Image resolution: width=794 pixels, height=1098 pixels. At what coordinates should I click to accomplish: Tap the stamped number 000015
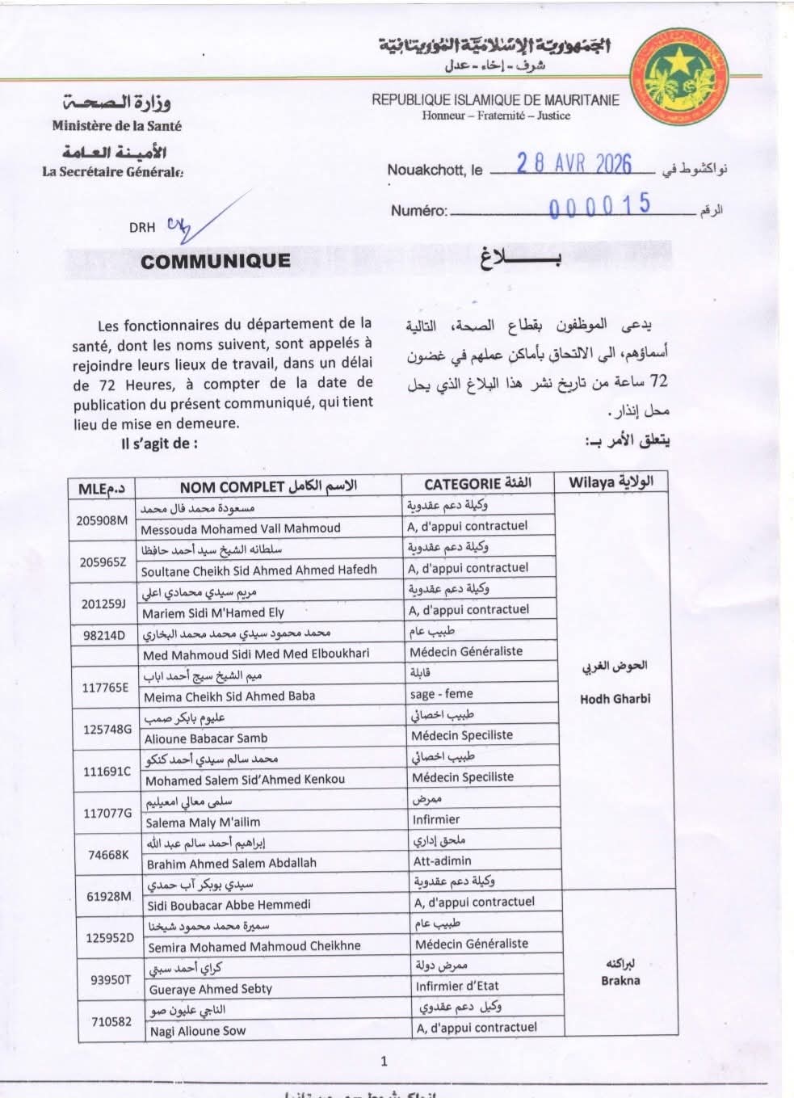pos(599,205)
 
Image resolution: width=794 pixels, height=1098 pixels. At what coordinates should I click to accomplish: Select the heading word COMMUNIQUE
pos(215,261)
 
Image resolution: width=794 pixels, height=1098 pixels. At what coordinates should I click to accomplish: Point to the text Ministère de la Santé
pos(117,125)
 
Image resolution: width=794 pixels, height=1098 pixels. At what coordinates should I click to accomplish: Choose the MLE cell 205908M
pos(102,520)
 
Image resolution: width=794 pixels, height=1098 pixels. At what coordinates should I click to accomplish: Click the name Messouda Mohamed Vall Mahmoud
pos(240,528)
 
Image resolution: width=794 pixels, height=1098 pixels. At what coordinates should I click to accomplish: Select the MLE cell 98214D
pos(103,635)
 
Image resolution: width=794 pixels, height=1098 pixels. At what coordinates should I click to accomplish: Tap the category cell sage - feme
pos(441,693)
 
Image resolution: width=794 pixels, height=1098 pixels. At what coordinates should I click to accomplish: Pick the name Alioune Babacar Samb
pos(205,738)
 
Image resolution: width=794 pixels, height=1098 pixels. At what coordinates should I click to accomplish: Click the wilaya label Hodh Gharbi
pos(615,698)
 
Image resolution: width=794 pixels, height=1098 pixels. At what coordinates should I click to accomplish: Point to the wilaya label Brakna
pos(620,980)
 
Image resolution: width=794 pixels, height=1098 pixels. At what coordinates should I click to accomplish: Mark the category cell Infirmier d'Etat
pos(456,986)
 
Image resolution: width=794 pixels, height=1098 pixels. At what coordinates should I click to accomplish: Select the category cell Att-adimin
pos(442,860)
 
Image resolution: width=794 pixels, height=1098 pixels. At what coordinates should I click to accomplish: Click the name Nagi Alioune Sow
pos(198,1030)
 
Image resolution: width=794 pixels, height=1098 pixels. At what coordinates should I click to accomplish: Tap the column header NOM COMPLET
pos(231,486)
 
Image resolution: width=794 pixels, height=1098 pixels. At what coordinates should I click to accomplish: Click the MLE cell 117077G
pos(107,813)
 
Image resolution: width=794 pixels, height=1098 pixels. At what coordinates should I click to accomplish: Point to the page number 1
pos(384,1061)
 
